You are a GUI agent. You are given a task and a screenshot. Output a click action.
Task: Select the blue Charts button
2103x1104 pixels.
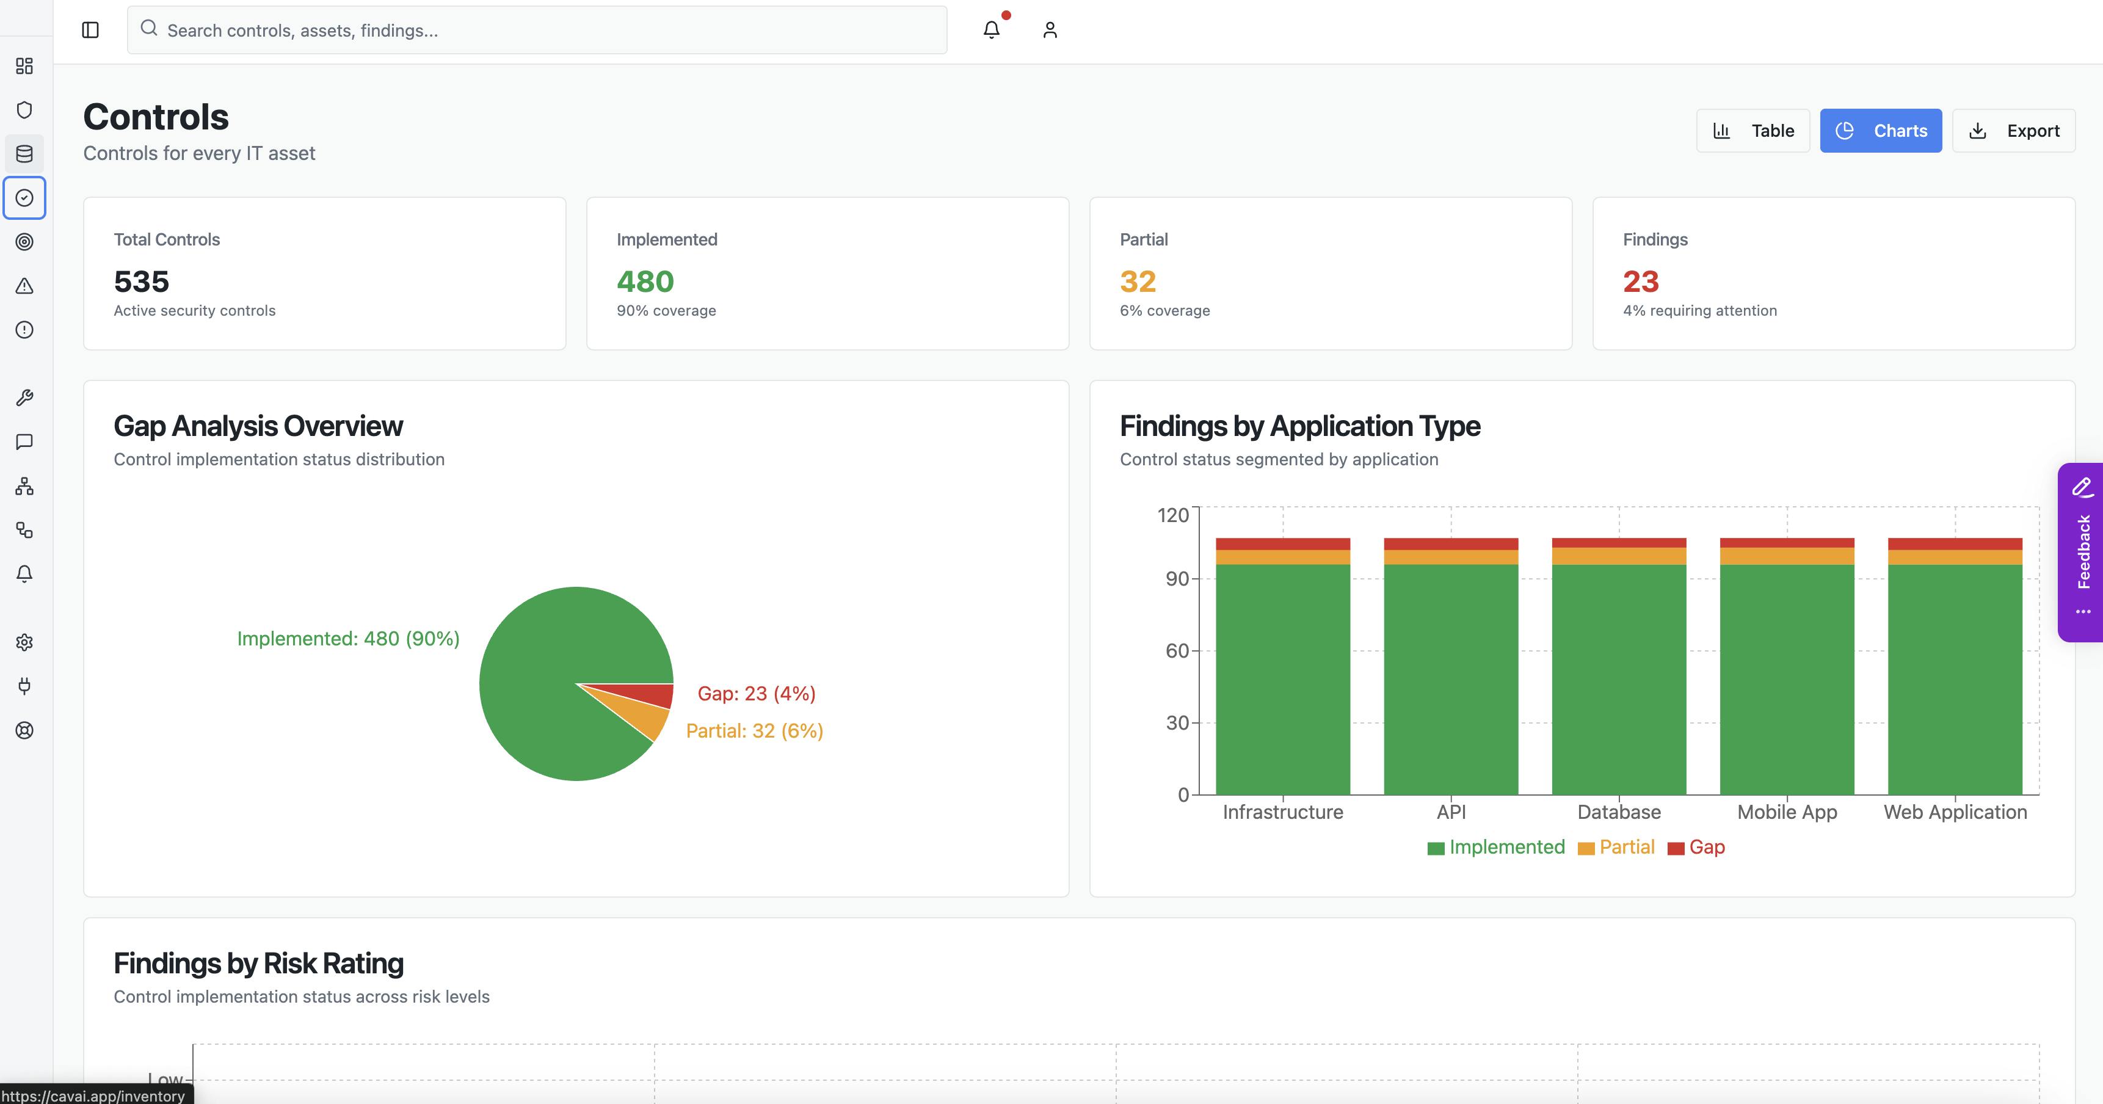1880,131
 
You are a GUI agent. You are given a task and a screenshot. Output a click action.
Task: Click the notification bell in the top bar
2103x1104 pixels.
991,30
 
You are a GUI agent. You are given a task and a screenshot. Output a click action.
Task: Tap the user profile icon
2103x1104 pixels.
1050,30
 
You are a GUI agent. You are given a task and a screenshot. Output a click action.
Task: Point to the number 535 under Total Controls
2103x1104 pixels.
141,281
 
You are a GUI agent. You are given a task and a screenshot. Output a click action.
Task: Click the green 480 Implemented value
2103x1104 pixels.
645,281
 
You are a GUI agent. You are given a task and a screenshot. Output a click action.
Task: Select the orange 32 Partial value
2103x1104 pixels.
1137,281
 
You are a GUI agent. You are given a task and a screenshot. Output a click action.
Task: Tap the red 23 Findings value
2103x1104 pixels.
1640,281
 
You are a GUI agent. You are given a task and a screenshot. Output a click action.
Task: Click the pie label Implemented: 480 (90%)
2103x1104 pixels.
348,639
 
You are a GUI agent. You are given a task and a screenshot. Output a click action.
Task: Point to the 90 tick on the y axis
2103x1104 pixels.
1177,579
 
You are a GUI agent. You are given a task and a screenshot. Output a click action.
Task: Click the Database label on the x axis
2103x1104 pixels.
1618,812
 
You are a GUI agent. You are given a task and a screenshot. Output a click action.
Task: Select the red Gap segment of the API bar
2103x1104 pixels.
1451,544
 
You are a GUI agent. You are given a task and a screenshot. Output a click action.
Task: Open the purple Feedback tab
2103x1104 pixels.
2082,552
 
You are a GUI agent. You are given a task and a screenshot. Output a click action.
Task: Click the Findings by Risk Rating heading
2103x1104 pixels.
258,964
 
